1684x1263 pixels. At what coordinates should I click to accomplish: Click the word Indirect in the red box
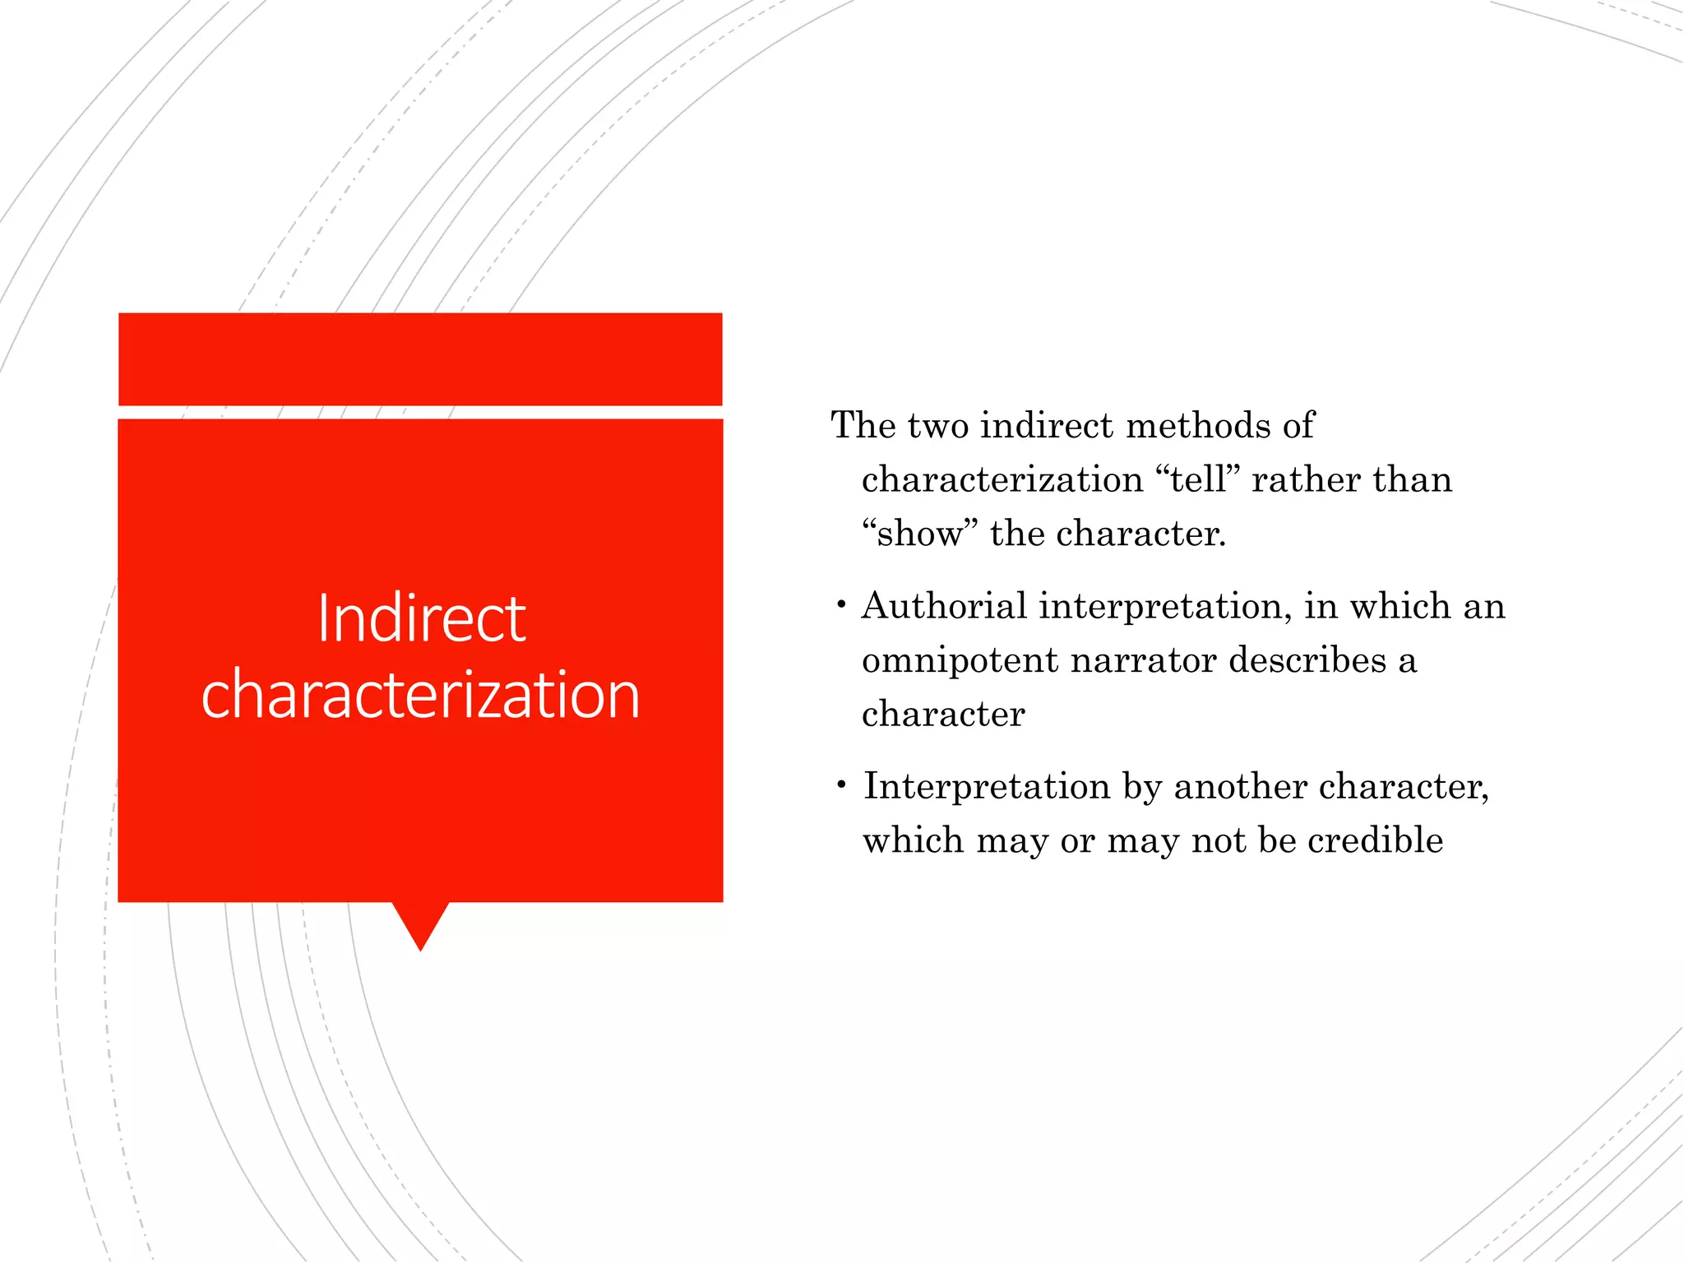[x=421, y=618]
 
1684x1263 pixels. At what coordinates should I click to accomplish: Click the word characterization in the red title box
[x=421, y=695]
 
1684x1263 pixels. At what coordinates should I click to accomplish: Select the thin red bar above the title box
[x=420, y=359]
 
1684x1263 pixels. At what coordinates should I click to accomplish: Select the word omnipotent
[x=959, y=661]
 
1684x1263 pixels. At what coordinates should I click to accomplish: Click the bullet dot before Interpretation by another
[x=840, y=786]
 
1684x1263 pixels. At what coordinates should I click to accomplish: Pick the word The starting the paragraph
[x=863, y=426]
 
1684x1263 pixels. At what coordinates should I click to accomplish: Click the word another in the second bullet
[x=1239, y=787]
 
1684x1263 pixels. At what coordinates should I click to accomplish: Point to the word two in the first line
[x=937, y=426]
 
